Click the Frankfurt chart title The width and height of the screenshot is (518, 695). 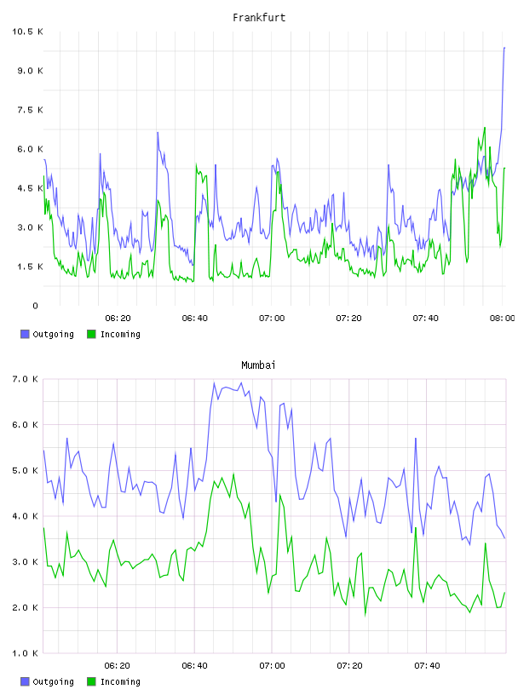(259, 18)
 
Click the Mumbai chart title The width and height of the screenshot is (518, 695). (258, 365)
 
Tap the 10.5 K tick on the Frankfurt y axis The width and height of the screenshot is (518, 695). (27, 32)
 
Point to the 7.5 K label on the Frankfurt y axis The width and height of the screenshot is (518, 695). (30, 110)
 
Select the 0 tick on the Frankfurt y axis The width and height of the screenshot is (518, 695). (36, 306)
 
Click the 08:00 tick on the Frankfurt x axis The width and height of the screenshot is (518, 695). (502, 319)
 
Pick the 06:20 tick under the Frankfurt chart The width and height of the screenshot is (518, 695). (118, 319)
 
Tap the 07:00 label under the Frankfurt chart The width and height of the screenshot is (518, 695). (272, 319)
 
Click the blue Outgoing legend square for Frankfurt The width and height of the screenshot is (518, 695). (25, 334)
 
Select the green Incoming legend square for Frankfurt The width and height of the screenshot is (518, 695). (91, 334)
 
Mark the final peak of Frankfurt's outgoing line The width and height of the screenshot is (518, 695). (504, 48)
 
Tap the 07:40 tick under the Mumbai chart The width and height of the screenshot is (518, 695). (427, 666)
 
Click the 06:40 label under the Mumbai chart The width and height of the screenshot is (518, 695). (195, 666)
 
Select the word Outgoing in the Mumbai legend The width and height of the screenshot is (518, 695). (53, 682)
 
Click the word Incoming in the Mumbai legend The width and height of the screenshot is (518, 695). (120, 682)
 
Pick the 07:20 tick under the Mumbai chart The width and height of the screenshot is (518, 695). (349, 666)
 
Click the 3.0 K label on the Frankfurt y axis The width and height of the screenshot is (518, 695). (30, 227)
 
